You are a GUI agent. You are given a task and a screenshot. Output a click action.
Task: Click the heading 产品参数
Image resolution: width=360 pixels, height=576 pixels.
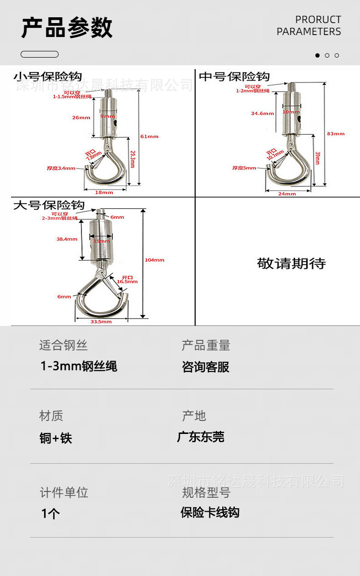pos(67,27)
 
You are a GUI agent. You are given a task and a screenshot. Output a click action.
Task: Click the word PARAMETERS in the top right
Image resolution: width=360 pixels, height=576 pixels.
pos(309,32)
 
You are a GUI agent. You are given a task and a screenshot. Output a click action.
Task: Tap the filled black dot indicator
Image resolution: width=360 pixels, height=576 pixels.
pos(317,55)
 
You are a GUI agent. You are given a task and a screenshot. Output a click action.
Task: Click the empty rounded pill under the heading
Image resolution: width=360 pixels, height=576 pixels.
pos(39,54)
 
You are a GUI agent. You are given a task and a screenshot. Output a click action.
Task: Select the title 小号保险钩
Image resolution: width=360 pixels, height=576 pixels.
pos(48,76)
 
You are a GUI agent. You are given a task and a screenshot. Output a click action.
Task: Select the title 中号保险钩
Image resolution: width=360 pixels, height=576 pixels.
pos(234,76)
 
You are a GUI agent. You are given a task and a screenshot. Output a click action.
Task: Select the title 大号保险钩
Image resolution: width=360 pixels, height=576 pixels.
pos(48,205)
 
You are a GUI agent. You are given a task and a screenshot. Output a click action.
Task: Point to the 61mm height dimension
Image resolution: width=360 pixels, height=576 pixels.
pos(149,136)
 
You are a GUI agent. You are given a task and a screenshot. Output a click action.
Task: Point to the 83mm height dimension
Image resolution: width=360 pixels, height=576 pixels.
pos(336,133)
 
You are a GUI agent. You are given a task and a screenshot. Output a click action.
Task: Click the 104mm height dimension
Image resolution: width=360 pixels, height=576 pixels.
pos(155,260)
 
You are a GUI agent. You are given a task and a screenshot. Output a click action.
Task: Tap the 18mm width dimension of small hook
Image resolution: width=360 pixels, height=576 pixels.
pos(104,192)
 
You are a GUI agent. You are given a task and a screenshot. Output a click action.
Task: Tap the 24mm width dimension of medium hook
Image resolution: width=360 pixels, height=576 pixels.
pos(288,193)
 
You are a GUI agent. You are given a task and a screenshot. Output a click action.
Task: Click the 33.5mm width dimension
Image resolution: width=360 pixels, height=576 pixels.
pos(101,322)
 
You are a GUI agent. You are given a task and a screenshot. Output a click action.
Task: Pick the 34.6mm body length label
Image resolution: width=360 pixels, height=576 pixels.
pos(262,113)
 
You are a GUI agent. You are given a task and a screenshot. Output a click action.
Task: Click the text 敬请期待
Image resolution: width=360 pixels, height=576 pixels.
pos(291,264)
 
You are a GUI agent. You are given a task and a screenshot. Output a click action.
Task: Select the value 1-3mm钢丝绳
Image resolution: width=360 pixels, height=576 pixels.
pos(79,367)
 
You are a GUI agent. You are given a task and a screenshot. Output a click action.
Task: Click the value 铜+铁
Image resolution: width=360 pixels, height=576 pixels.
pos(56,438)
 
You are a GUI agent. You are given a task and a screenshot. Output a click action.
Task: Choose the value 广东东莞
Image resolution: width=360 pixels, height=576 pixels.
pos(201,437)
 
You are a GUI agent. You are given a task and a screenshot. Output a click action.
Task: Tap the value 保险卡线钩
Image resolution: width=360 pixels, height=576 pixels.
pos(210,513)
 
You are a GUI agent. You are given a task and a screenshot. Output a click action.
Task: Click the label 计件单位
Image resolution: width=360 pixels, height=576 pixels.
pos(64,492)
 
